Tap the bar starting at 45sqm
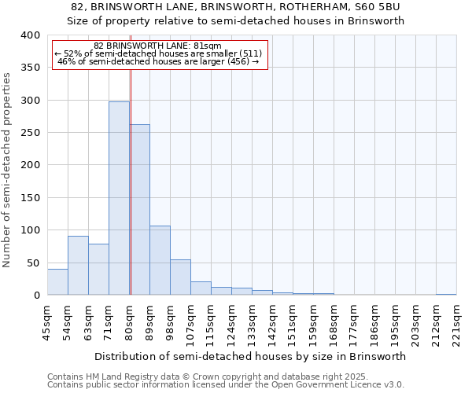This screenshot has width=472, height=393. coord(57,281)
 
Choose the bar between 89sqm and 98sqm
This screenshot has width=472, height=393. coord(160,260)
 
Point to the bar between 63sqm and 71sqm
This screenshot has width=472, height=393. coord(98,269)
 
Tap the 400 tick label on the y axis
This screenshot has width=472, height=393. coord(31,35)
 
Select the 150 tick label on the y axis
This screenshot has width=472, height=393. coord(31,198)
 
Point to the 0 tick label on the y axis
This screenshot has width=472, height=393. coord(36,296)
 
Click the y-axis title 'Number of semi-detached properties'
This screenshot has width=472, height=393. coord(8,169)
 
